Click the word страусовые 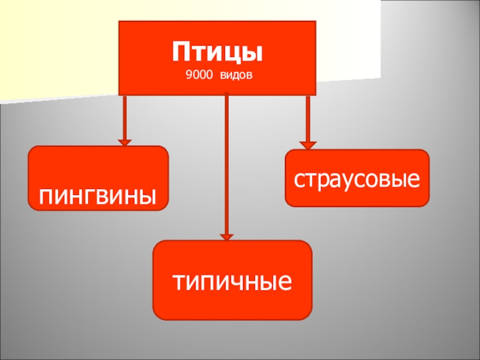pyautogui.click(x=357, y=179)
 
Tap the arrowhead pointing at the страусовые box pyautogui.click(x=308, y=145)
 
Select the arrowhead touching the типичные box pyautogui.click(x=226, y=236)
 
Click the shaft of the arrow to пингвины pyautogui.click(x=125, y=117)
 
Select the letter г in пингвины pyautogui.click(x=84, y=196)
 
